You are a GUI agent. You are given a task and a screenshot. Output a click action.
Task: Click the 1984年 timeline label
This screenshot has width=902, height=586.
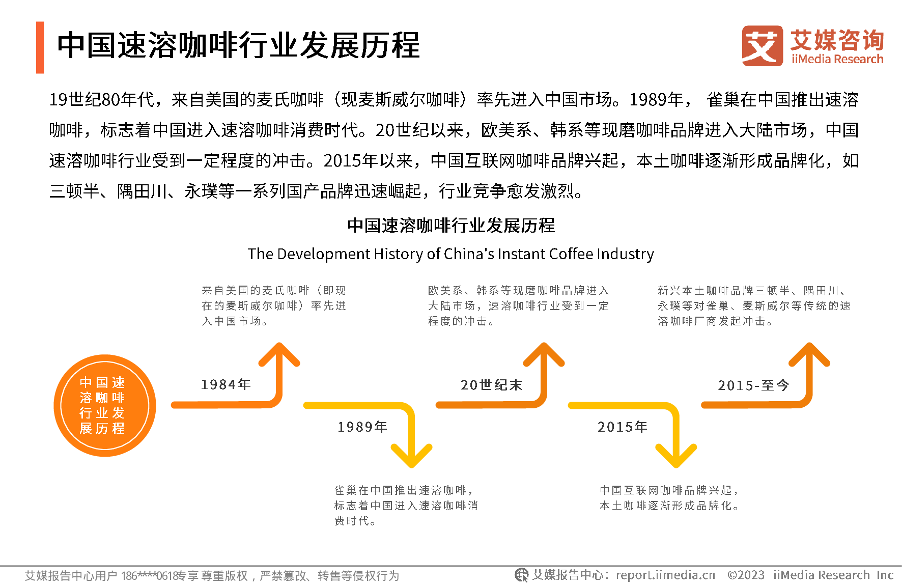tap(226, 384)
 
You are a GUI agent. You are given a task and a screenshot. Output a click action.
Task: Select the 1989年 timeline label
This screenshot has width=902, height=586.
tap(362, 427)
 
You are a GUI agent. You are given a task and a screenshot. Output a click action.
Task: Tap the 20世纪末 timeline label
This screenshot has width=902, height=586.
tap(491, 385)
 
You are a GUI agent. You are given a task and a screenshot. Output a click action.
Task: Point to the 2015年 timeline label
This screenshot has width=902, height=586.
tap(623, 427)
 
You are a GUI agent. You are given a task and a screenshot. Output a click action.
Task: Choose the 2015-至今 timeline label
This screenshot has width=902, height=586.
tap(753, 385)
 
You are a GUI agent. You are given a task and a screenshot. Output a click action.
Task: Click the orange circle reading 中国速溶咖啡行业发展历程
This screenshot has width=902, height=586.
tap(105, 405)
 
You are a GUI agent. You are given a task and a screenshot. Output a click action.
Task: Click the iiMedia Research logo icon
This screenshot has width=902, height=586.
tap(762, 46)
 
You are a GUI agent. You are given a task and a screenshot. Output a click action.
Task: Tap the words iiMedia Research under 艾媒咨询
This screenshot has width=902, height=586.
tap(837, 59)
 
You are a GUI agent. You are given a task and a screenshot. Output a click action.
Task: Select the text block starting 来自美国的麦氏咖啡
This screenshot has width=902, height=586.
tap(274, 305)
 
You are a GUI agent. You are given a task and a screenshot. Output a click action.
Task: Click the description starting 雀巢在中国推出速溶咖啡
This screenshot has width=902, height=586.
tap(406, 505)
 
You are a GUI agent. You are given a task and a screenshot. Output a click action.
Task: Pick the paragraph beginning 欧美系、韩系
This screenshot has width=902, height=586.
tap(518, 305)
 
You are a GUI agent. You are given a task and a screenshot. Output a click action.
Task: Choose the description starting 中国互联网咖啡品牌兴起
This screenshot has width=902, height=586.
tap(669, 497)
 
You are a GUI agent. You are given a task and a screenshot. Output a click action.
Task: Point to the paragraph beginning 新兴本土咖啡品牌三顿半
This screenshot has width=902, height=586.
tap(754, 305)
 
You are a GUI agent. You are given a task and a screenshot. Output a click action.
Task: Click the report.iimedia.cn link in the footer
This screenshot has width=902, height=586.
tap(665, 575)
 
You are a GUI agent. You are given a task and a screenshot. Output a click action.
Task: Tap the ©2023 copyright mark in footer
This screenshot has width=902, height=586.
tap(746, 575)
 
